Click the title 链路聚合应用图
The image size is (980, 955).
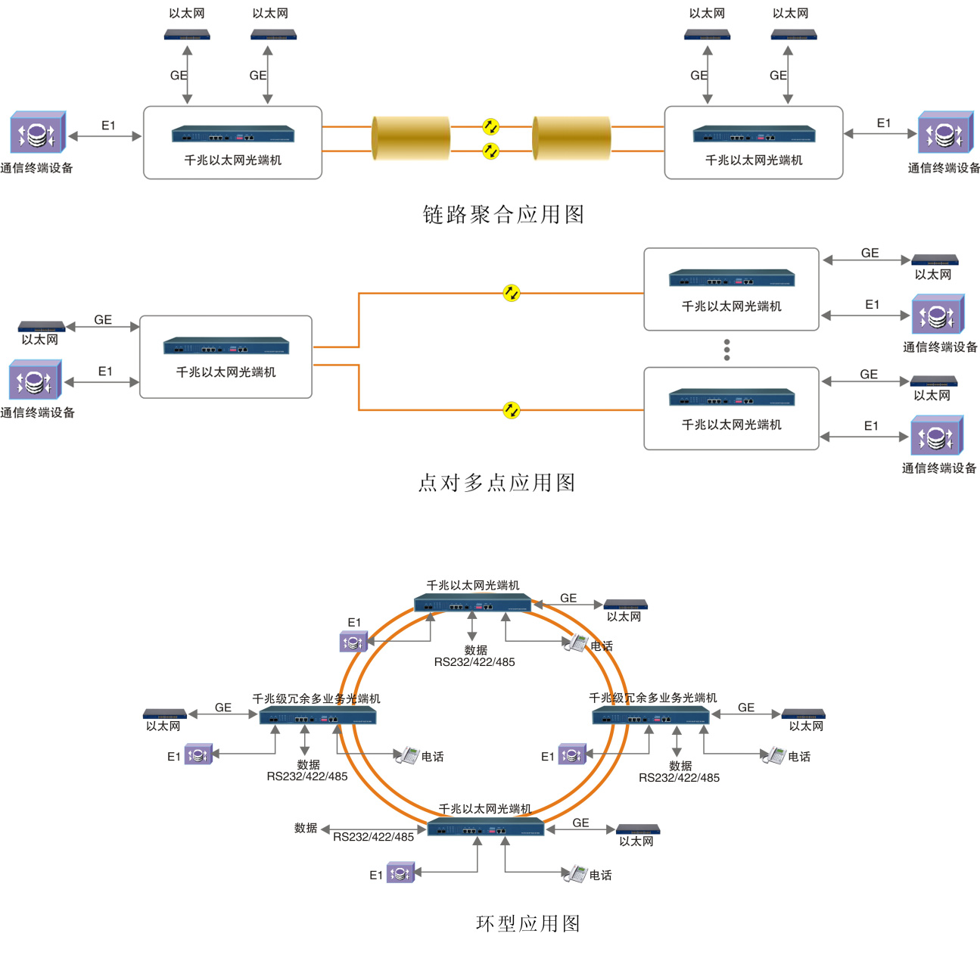[x=503, y=214]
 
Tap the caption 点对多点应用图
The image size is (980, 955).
[x=496, y=482]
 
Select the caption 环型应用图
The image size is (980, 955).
[x=528, y=923]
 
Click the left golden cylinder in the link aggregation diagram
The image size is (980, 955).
[x=411, y=138]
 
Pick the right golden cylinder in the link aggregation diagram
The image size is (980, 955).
[x=571, y=138]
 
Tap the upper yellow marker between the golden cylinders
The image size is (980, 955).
[x=491, y=126]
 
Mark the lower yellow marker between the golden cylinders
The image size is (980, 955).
[x=491, y=151]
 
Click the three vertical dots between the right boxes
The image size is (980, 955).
[x=726, y=350]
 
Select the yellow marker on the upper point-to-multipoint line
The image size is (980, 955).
[x=512, y=293]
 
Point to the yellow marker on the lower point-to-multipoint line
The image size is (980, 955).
[x=512, y=410]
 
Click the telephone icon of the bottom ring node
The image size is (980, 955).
[x=576, y=873]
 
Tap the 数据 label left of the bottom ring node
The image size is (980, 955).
[x=306, y=828]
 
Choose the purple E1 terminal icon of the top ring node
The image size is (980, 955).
[x=353, y=642]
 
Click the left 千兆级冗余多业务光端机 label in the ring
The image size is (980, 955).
[x=316, y=698]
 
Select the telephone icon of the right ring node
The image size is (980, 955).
[x=773, y=755]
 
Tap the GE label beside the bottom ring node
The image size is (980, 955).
[x=580, y=823]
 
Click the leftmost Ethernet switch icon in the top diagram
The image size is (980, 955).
[x=187, y=35]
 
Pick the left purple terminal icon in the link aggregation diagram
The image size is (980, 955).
[x=37, y=133]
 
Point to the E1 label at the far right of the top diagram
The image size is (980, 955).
[x=883, y=123]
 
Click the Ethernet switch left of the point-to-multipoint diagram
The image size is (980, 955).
[x=42, y=326]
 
